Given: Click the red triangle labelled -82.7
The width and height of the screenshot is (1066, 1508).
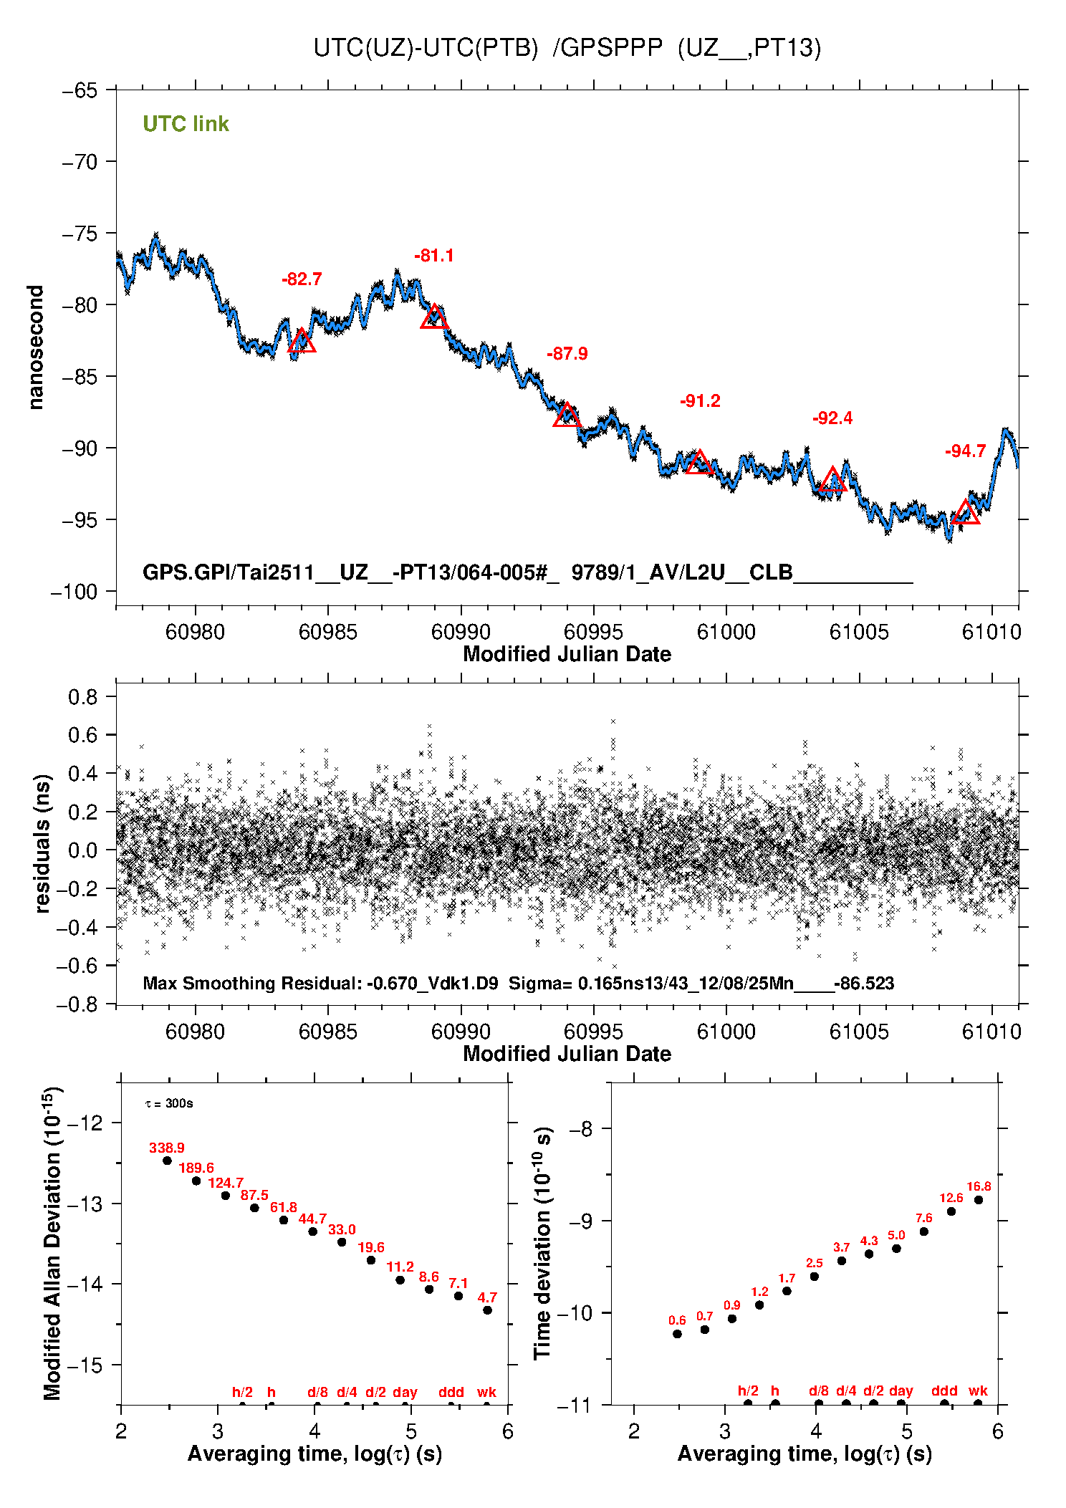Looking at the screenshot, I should pyautogui.click(x=302, y=342).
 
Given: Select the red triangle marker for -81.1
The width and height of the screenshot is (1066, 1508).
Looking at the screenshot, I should pyautogui.click(x=434, y=317).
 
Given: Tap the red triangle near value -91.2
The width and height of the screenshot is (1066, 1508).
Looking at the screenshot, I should pyautogui.click(x=699, y=463).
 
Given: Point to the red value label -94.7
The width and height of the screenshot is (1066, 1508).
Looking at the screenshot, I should pyautogui.click(x=965, y=451).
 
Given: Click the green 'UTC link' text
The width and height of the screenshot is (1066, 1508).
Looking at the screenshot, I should pyautogui.click(x=186, y=124).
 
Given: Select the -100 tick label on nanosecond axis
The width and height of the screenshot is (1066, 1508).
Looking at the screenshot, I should pyautogui.click(x=74, y=592).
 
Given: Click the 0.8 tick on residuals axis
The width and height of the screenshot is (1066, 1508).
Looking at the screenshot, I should pyautogui.click(x=82, y=697).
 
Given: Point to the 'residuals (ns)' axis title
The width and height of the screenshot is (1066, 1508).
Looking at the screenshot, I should pyautogui.click(x=42, y=843).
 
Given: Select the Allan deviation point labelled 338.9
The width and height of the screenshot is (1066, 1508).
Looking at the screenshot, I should pyautogui.click(x=167, y=1161).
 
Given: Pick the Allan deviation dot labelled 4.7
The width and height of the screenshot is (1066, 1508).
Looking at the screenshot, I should pyautogui.click(x=487, y=1310).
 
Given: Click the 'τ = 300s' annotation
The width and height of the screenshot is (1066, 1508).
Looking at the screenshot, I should pyautogui.click(x=169, y=1104).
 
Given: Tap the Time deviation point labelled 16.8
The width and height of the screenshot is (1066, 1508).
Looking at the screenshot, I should pyautogui.click(x=979, y=1200).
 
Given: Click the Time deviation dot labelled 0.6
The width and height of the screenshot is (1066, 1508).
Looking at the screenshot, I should pyautogui.click(x=677, y=1334).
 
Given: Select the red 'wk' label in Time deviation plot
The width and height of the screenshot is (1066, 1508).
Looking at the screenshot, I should pyautogui.click(x=978, y=1391).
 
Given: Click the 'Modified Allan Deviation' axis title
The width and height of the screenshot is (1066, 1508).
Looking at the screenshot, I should pyautogui.click(x=52, y=1243).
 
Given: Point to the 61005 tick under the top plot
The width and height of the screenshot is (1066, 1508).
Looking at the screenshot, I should pyautogui.click(x=859, y=632).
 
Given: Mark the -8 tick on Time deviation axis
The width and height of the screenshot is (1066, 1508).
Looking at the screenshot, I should pyautogui.click(x=584, y=1130).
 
